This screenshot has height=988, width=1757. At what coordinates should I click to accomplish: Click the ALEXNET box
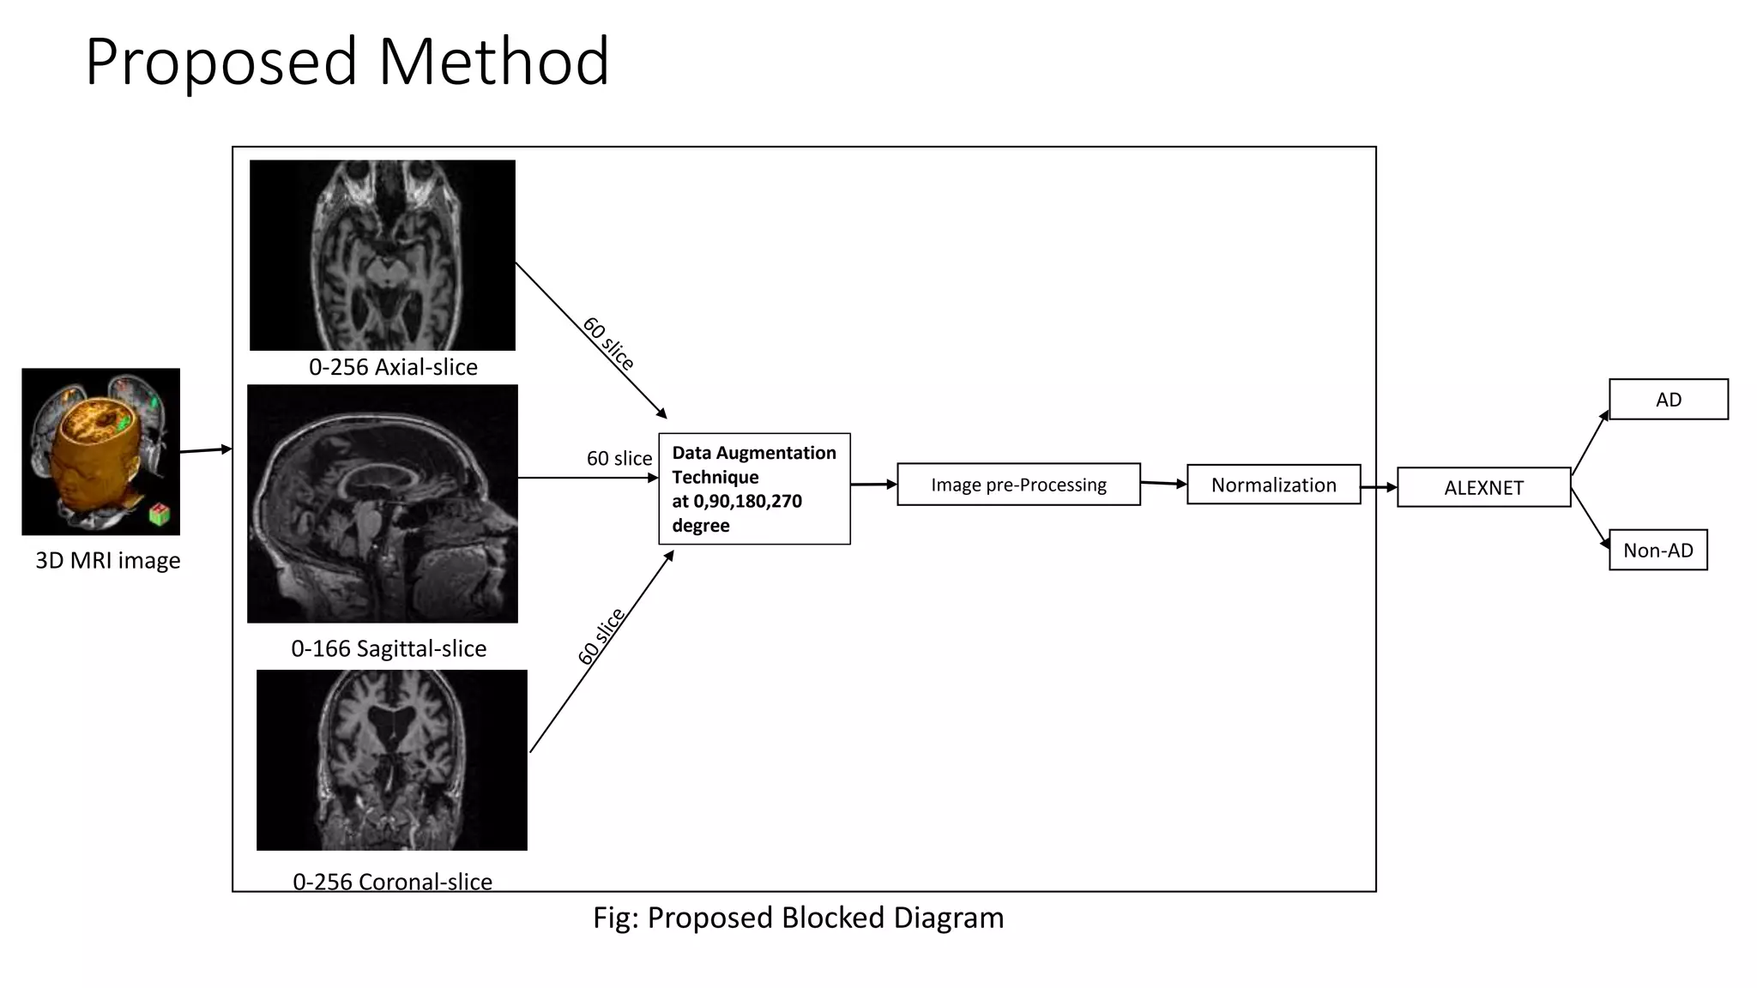pos(1483,487)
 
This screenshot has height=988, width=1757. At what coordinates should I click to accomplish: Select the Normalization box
pos(1273,485)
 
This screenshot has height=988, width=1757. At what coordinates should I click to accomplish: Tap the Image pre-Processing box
pos(1018,485)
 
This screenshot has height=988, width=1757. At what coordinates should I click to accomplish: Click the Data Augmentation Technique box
pos(754,489)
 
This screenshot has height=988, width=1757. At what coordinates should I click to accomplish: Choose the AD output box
pos(1668,400)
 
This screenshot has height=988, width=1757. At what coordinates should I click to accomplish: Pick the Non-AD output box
pos(1657,551)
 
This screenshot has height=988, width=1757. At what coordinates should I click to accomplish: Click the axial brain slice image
pos(383,256)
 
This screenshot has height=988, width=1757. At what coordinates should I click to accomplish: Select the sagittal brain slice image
pos(383,503)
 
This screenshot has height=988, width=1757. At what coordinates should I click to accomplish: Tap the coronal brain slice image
pos(392,760)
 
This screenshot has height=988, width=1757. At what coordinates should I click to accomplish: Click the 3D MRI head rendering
pos(100,452)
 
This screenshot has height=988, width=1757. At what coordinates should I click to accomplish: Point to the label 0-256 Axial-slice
pos(393,367)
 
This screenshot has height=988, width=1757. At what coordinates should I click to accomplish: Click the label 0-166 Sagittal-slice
pos(389,648)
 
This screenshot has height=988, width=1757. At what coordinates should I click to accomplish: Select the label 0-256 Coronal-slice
pos(392,882)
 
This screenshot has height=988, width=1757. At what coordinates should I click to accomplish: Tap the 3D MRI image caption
pos(108,561)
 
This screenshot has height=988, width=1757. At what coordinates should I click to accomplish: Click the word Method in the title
pos(493,62)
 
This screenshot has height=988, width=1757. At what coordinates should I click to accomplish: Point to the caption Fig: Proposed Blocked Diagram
pos(798,918)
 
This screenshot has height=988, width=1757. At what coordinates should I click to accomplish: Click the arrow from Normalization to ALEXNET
pos(1379,487)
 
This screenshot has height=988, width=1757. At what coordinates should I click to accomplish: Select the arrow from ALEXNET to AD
pos(1590,443)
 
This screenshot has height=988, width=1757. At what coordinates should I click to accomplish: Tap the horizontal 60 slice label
pos(619,459)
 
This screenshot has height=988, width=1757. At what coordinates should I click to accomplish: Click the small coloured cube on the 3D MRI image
pos(159,515)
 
